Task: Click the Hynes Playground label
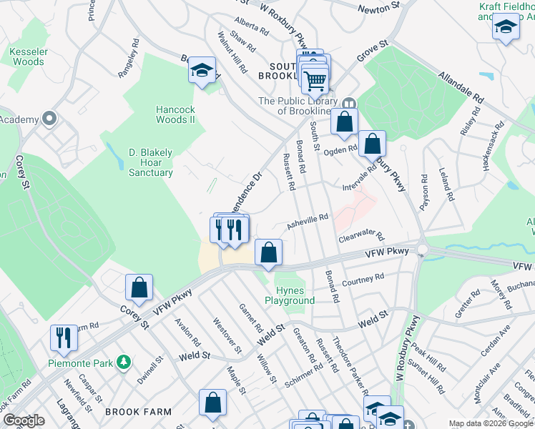[x=290, y=295]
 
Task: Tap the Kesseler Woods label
[x=28, y=56]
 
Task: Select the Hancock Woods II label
[x=175, y=114]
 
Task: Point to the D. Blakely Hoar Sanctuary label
[x=151, y=162]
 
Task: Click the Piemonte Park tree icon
[x=123, y=363]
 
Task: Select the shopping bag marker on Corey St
[x=139, y=287]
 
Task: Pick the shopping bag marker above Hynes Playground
[x=268, y=252]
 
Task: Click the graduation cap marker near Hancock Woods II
[x=202, y=71]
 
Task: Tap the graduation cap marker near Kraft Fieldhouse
[x=506, y=28]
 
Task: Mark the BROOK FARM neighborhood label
[x=138, y=412]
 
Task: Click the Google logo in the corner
[x=24, y=420]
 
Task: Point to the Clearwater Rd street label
[x=361, y=235]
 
